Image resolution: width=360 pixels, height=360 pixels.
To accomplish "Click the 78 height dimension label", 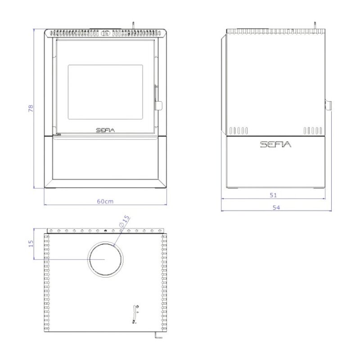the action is click(31, 108).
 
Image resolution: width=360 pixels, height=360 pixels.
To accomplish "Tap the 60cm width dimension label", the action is click(105, 201).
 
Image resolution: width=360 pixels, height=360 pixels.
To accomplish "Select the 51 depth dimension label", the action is click(273, 195).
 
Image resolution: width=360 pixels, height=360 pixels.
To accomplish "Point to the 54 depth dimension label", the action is click(276, 207).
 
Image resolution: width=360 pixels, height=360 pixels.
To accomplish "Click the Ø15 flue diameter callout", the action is click(125, 221).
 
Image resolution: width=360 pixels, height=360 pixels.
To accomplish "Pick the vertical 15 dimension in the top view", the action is click(31, 243).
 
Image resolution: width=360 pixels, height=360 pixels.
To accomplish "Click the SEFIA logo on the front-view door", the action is click(105, 130).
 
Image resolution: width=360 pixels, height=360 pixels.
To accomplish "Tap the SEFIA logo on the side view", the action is click(275, 144).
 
